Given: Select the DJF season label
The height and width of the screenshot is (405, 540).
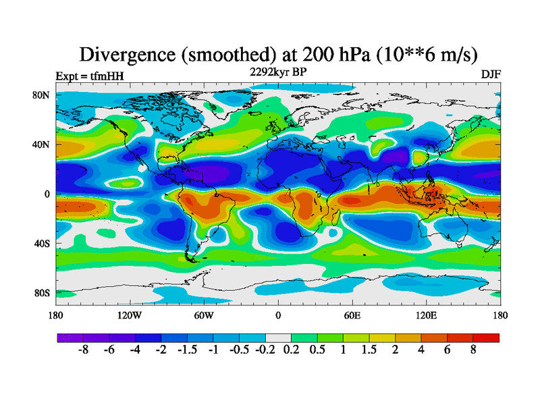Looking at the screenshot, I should coord(490,74).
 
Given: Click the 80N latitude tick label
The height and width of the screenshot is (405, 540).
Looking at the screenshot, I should coord(42,95).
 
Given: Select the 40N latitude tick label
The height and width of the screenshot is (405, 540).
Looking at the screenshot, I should coord(42,144).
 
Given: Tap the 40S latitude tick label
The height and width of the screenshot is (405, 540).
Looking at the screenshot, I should coord(42,243).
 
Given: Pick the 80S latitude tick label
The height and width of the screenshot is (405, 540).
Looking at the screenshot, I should coord(42,293).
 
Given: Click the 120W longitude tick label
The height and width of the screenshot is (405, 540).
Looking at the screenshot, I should coord(129,315).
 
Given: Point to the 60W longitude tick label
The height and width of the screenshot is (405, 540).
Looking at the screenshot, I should coord(203,315).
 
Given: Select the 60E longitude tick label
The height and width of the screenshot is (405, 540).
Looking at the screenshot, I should coord(352,315).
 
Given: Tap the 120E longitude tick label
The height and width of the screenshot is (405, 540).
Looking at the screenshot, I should coord(426,315).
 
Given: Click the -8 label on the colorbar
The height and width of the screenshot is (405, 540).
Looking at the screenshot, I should coord(84,351).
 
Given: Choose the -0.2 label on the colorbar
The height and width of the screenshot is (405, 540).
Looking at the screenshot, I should coord(265,351).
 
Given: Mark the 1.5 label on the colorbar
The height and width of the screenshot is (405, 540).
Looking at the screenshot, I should coord(369,351).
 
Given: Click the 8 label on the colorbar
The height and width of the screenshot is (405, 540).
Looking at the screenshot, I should coord(473,351).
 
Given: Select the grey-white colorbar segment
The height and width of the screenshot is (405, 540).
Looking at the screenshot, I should coord(278,337).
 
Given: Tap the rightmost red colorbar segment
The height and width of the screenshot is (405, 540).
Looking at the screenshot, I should coord(486,337).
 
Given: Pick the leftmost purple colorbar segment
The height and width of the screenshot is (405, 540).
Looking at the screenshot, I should coord(70,337).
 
